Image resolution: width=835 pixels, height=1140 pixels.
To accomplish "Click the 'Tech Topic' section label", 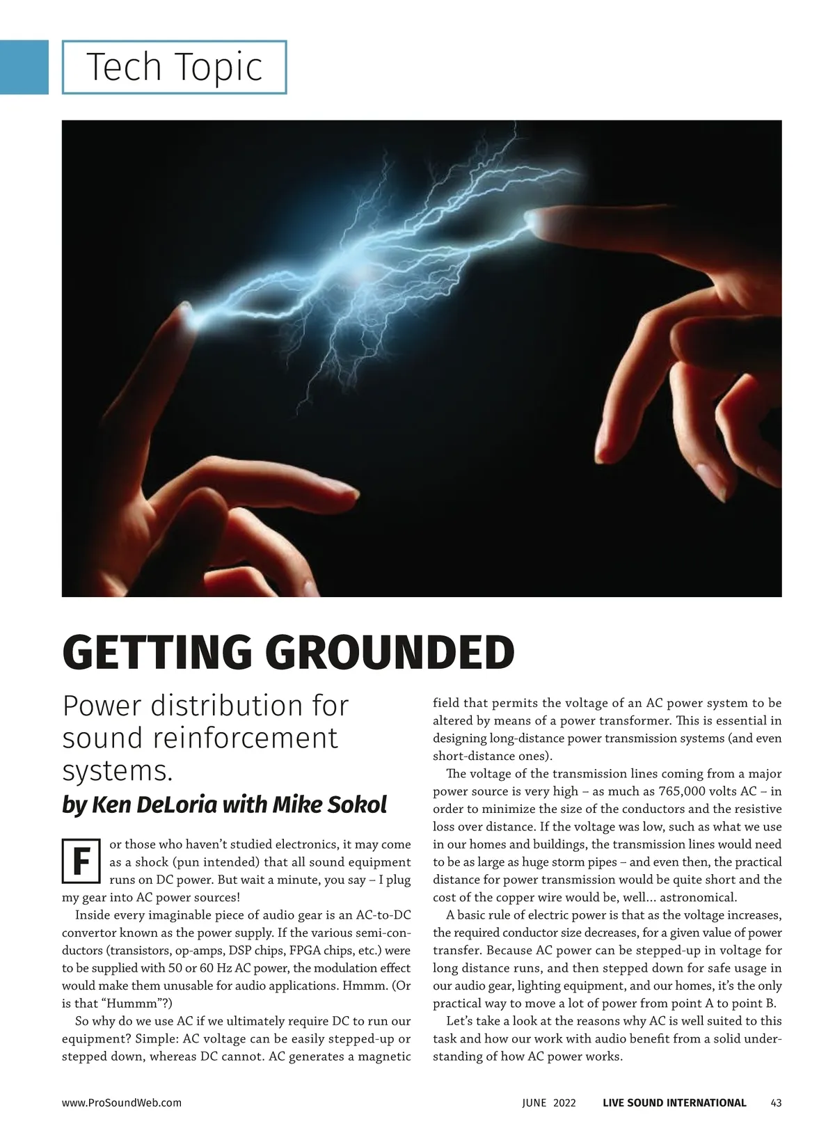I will coord(174,68).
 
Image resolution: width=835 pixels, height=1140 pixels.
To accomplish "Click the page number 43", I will coord(776,1102).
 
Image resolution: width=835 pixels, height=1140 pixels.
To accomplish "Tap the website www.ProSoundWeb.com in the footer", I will coord(122,1102).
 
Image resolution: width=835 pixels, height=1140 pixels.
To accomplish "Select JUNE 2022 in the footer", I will coord(549,1102).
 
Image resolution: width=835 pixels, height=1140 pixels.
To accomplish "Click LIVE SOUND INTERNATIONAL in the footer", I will coord(674,1102).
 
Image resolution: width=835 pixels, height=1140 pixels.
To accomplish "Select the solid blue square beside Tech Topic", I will coord(24,67).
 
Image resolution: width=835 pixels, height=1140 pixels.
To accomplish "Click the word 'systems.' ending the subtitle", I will coord(117,771).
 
